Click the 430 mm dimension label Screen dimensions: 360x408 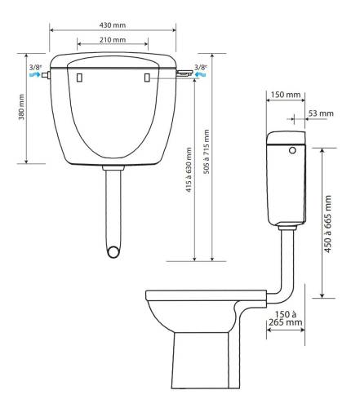point(113,25)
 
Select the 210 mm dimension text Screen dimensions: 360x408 point(113,40)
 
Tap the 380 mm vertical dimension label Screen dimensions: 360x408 point(21,107)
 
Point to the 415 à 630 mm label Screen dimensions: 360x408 point(189,170)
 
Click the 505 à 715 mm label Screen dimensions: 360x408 point(207,152)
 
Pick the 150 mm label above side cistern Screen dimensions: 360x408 point(286,95)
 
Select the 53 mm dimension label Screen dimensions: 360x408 point(321,113)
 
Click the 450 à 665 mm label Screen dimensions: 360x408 point(328,224)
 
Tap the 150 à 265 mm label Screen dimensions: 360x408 point(286,318)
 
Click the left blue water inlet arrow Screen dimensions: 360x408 point(34,74)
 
